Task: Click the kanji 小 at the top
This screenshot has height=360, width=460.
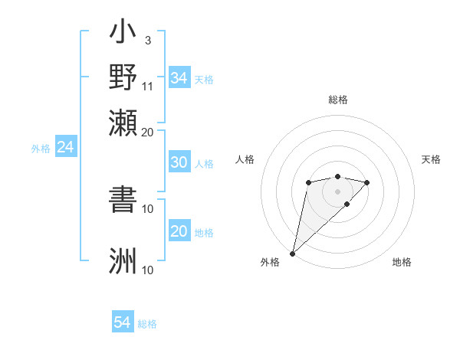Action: click(123, 34)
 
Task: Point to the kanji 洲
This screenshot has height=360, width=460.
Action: click(123, 260)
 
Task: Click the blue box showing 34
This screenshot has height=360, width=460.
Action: click(179, 78)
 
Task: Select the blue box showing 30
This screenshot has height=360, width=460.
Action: click(179, 162)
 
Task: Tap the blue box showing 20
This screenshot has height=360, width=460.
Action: click(179, 231)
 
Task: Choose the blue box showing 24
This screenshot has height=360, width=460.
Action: click(65, 147)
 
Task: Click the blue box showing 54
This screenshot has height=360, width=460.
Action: click(123, 322)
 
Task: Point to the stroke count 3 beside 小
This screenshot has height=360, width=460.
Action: click(147, 40)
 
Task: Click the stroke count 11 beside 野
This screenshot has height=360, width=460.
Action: click(148, 85)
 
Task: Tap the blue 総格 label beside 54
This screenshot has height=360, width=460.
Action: click(147, 324)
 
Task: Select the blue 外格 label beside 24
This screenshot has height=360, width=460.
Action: click(41, 149)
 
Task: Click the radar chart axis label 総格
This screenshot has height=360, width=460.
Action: click(337, 100)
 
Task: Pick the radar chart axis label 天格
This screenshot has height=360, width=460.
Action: click(431, 159)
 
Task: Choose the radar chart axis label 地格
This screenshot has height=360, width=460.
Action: click(402, 262)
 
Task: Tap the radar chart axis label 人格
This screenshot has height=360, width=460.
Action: click(245, 159)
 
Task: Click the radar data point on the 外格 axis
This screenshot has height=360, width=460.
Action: click(292, 253)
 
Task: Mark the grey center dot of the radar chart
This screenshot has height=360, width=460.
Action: click(337, 191)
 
